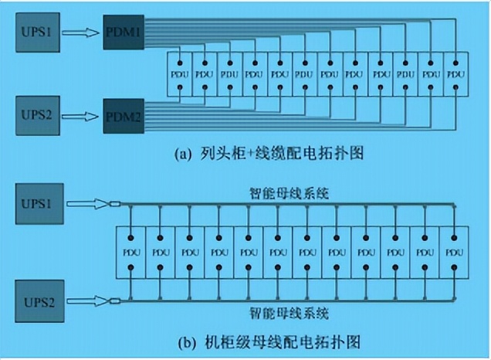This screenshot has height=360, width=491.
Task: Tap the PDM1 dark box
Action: [124, 34]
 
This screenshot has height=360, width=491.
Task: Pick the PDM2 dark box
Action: [124, 117]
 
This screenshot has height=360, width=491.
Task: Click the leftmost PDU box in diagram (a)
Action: [179, 74]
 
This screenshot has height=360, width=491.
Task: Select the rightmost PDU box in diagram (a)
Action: [456, 74]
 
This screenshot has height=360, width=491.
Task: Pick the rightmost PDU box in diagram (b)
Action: [452, 252]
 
